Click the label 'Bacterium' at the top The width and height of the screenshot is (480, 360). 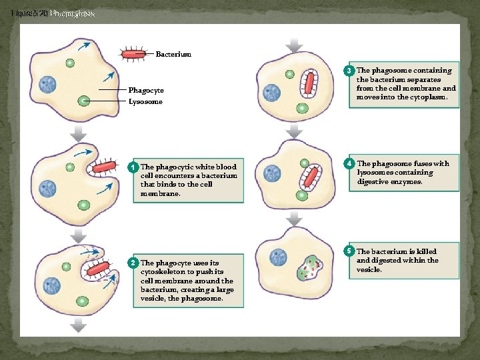tap(173, 54)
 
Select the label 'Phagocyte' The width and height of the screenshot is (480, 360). tap(146, 90)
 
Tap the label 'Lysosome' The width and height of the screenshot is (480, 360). tap(145, 102)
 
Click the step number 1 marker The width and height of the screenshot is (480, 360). tap(134, 167)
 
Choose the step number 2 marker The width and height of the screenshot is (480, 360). tap(134, 263)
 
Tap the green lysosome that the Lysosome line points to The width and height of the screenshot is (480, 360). tap(83, 101)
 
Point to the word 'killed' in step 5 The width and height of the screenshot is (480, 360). tap(425, 251)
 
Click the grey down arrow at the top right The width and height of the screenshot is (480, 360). tap(293, 45)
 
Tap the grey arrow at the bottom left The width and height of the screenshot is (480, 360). tap(79, 326)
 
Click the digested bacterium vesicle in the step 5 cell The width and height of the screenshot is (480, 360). tap(311, 267)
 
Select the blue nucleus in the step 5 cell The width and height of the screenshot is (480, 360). tap(278, 257)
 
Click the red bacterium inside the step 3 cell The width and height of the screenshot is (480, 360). tap(309, 83)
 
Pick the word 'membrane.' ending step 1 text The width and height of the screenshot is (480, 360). tap(160, 194)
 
